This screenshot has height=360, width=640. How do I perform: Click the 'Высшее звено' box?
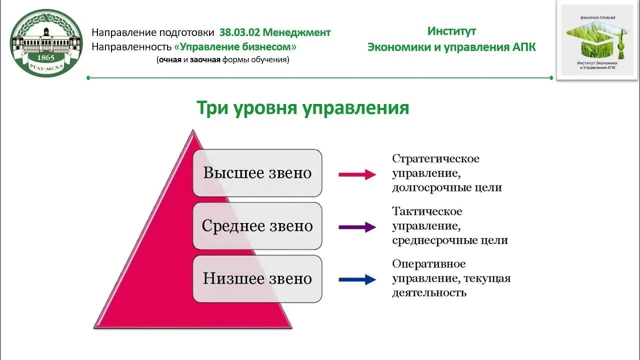257,173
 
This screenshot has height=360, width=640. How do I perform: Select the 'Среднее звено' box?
257,226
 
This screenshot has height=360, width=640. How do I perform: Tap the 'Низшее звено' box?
257,279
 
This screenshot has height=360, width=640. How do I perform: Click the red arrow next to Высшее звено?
357,174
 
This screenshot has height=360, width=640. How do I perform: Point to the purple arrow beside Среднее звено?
357,227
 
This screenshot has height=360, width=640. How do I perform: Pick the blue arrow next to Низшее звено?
357,280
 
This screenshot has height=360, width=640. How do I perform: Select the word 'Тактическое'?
427,211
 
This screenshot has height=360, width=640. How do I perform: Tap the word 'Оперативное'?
428,264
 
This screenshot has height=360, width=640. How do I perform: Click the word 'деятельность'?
429,293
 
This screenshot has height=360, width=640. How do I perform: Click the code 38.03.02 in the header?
239,32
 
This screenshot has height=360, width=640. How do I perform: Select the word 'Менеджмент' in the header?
296,32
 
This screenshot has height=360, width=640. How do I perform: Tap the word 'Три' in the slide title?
212,108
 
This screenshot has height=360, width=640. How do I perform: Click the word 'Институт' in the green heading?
451,31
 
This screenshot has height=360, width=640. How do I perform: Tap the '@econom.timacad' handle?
597,17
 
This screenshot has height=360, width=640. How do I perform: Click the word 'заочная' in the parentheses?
205,59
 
